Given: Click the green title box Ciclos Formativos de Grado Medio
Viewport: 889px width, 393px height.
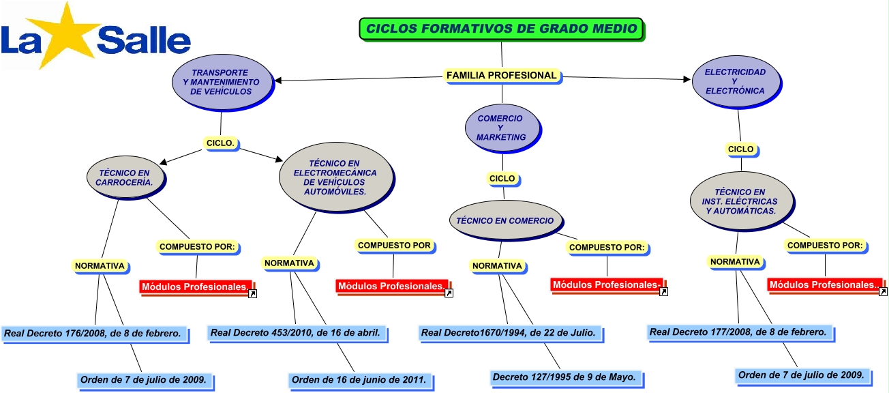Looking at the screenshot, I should click(x=501, y=29).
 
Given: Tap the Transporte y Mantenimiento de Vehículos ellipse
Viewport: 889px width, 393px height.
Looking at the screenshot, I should click(x=220, y=82).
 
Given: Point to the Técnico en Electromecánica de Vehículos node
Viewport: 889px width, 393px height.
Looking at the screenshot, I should click(x=335, y=178).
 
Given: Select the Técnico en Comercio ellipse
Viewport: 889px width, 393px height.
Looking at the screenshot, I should click(x=509, y=220).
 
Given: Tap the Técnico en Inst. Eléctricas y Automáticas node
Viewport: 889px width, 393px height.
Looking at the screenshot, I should click(x=740, y=202).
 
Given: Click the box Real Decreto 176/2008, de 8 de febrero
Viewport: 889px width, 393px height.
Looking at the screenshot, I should click(x=93, y=334).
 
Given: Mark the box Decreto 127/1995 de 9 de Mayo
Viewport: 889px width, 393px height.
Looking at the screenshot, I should click(x=564, y=377).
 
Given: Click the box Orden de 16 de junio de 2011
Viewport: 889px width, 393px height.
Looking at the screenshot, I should click(x=359, y=379).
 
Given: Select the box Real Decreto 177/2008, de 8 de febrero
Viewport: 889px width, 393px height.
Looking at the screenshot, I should click(x=738, y=332).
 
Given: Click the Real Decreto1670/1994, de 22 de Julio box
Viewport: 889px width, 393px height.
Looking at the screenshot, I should click(x=509, y=333).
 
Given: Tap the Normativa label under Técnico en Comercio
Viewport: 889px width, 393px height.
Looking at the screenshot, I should click(x=497, y=265).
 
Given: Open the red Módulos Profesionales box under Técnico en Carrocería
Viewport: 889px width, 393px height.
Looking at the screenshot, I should click(x=196, y=287).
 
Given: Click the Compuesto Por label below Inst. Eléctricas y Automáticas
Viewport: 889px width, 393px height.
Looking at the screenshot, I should click(x=824, y=246).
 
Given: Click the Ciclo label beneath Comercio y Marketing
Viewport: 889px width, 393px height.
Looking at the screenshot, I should click(x=502, y=179).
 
